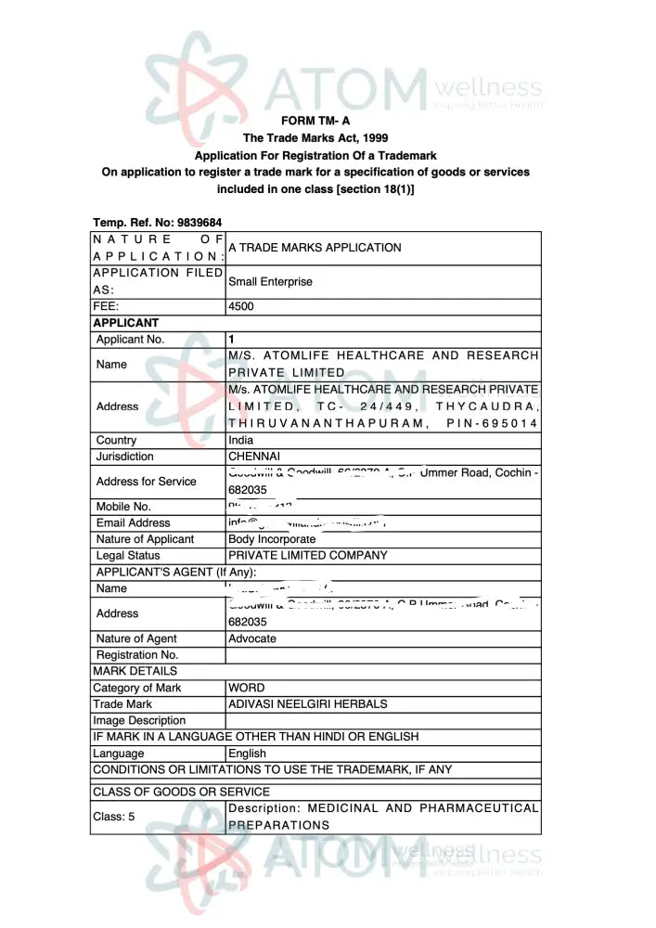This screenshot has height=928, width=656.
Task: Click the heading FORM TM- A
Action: coord(315,121)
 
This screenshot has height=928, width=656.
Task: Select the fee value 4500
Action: coord(241,306)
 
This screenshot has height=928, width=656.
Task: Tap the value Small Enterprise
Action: coord(270,281)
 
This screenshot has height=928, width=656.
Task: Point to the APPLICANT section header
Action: coord(125,323)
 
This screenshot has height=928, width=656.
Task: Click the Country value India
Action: coord(240,440)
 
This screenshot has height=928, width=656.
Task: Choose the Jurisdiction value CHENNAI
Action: coord(254,457)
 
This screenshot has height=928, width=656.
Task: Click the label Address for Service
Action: coord(146,481)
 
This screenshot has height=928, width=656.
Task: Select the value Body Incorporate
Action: coord(272,539)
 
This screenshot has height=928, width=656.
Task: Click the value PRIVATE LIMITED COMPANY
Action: coord(307,555)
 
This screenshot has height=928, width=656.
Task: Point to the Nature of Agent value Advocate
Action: coord(251,638)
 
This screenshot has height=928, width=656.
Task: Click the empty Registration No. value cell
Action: coord(382,655)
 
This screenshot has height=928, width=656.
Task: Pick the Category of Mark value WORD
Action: coord(246,688)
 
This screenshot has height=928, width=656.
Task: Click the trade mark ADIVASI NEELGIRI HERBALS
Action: coord(307,703)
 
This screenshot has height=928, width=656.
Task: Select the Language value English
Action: coord(247,754)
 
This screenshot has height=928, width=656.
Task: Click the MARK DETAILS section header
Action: coord(135,671)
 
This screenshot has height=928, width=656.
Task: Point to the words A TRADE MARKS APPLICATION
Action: coord(315,248)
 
